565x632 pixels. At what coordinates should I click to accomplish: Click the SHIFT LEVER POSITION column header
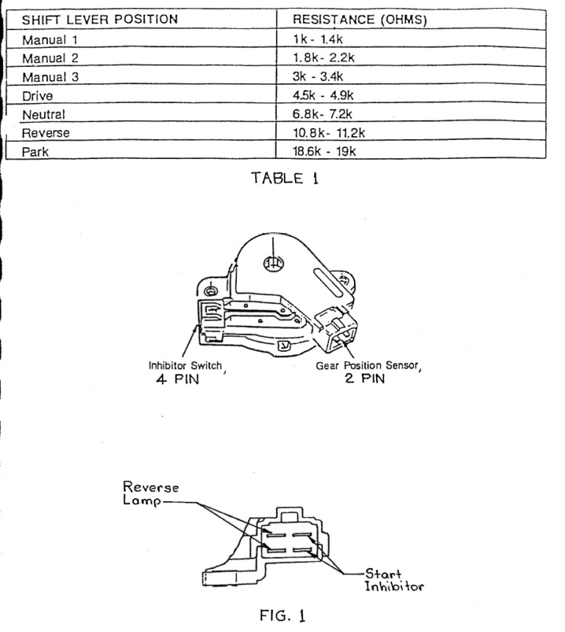pyautogui.click(x=99, y=20)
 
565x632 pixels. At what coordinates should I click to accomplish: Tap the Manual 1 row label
pyautogui.click(x=51, y=40)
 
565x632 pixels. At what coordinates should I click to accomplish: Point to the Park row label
pyautogui.click(x=36, y=152)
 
